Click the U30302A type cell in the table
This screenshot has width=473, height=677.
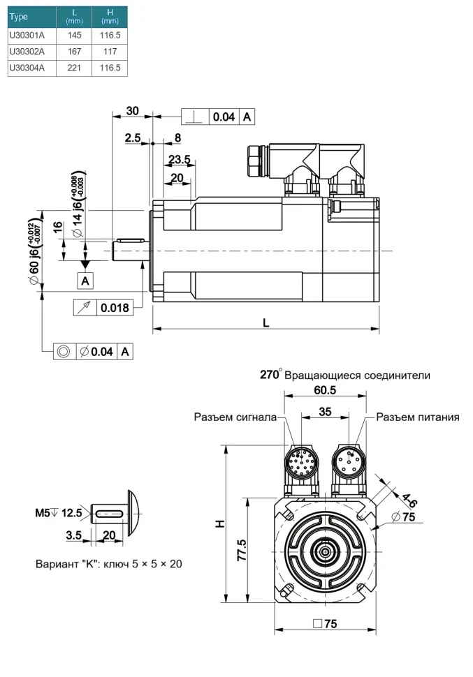27,51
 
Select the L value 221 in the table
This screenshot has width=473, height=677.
75,68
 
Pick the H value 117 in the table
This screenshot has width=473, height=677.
110,51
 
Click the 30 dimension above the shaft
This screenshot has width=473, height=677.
132,110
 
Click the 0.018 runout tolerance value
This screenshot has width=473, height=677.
115,307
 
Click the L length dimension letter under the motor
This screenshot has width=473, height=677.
265,323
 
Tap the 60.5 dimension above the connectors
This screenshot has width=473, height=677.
324,390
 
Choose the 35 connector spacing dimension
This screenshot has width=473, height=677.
324,411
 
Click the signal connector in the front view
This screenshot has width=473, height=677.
301,463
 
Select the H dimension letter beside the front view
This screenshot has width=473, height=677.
219,522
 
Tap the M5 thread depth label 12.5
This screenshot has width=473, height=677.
72,513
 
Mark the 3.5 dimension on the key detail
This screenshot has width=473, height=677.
74,535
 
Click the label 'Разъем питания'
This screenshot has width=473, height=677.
418,417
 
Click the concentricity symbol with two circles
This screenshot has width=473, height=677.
63,351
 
